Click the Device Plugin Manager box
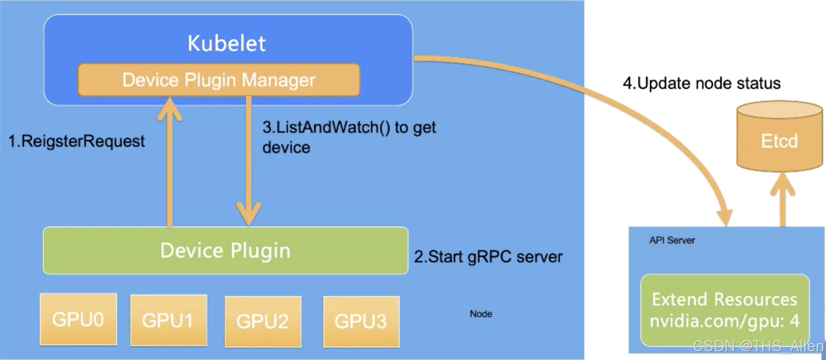[219, 80]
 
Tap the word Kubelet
[227, 43]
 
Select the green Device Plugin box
[225, 250]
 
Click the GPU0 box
[78, 319]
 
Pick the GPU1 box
[169, 320]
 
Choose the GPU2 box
[263, 321]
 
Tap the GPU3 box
[361, 321]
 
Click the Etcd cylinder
[780, 137]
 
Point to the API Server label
[672, 240]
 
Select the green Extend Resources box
[725, 310]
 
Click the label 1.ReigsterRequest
[77, 141]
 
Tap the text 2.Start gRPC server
[488, 257]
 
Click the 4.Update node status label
[702, 83]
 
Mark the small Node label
[481, 314]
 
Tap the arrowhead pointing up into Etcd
[783, 184]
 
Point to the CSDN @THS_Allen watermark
[758, 346]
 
